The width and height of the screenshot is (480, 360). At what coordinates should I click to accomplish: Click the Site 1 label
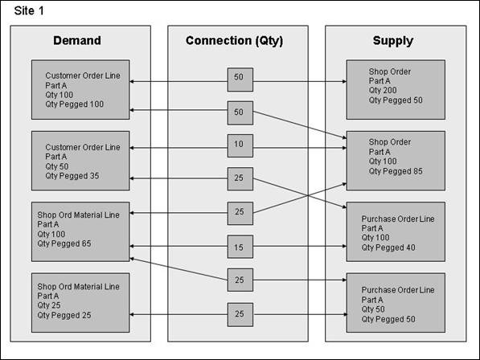[29, 11]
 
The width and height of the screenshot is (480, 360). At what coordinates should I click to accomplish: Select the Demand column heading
[77, 40]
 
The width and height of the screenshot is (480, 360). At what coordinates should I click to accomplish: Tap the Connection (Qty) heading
[235, 41]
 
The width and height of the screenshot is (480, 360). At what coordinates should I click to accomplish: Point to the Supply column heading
[393, 41]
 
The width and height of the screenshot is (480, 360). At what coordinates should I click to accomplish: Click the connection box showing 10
[240, 146]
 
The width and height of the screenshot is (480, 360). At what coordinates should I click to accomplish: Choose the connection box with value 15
[240, 247]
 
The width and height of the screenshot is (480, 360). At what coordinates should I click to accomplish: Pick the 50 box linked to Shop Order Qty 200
[240, 80]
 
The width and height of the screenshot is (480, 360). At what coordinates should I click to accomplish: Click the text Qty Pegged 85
[396, 171]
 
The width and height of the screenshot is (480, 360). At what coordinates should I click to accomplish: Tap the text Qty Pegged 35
[72, 176]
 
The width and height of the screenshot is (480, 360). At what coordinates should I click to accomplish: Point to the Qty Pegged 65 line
[64, 243]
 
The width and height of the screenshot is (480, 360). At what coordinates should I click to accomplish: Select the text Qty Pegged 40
[388, 247]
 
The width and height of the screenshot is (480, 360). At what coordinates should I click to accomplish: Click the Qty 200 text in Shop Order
[383, 90]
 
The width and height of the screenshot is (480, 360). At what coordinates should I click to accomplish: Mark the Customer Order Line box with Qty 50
[80, 161]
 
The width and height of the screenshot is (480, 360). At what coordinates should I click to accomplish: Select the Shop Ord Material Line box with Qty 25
[80, 303]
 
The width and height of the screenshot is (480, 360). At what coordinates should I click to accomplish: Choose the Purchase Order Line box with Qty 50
[396, 303]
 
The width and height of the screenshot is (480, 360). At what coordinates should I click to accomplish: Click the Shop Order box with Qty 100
[396, 161]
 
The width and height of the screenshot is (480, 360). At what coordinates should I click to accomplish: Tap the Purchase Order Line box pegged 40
[396, 231]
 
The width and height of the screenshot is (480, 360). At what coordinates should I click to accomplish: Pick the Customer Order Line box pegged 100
[80, 90]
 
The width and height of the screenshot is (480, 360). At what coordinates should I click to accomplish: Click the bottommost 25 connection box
[240, 315]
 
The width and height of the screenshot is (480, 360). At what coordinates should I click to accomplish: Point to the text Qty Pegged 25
[64, 315]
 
